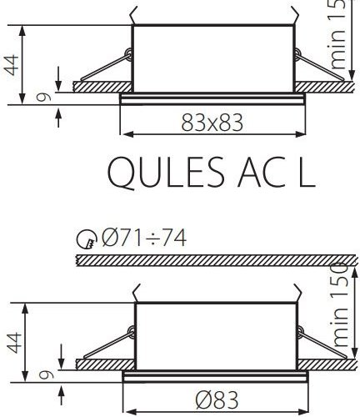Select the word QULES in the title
coord(157,174)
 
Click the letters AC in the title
coord(258,174)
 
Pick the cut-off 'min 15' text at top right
coord(339,33)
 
